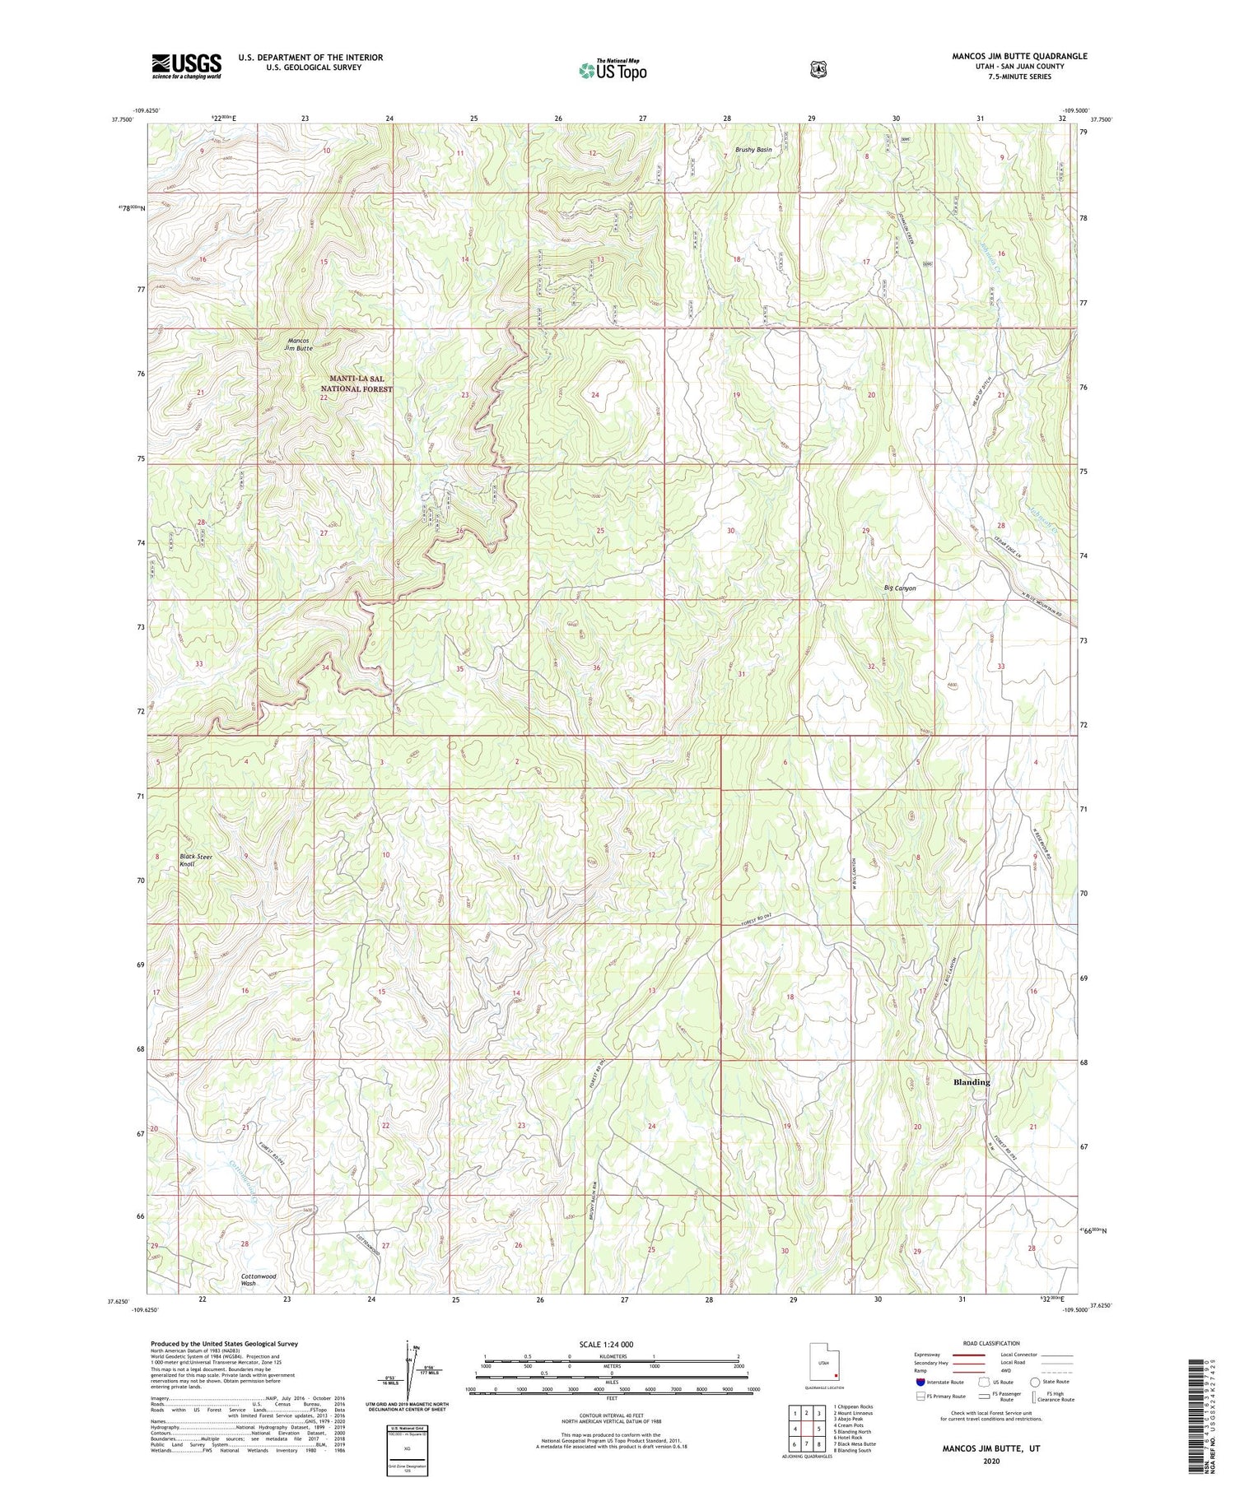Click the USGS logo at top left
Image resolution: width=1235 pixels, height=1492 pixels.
[186, 66]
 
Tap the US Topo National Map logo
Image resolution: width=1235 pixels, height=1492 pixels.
[613, 69]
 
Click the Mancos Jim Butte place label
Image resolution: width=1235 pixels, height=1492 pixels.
[299, 344]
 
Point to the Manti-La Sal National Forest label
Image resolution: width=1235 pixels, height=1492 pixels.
[357, 383]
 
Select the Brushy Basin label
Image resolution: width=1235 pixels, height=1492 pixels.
[753, 151]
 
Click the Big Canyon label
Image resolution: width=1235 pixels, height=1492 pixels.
[899, 588]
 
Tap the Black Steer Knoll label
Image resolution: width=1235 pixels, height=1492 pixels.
[196, 861]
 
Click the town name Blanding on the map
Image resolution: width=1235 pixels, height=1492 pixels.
[971, 1081]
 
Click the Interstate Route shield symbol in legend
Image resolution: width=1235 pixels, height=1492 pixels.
[920, 1382]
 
